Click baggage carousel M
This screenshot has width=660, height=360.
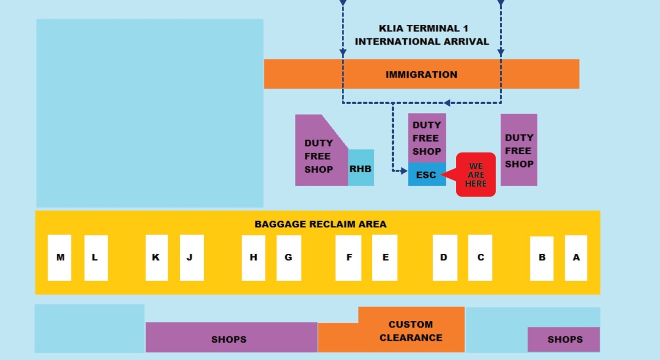[x=59, y=257]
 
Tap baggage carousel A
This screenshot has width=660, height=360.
[x=576, y=257]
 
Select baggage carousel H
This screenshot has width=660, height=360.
[x=253, y=257]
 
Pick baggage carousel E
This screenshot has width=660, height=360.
[x=385, y=257]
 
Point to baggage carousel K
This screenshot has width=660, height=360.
[x=156, y=257]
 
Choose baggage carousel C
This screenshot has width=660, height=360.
[x=480, y=257]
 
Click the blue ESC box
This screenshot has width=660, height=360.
[x=426, y=175]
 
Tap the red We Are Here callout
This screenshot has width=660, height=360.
[x=476, y=175]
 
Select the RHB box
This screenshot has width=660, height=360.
[x=360, y=168]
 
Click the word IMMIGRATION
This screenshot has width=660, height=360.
[x=421, y=74]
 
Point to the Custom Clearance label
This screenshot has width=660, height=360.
[x=411, y=331]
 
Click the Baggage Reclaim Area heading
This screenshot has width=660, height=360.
[x=320, y=224]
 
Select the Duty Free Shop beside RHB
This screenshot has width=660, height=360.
[x=319, y=156]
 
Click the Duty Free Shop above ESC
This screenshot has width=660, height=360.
[x=427, y=138]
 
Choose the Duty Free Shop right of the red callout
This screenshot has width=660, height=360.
[x=519, y=151]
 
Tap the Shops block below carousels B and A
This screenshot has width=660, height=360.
[x=564, y=339]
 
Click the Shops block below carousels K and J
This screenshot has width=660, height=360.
[x=229, y=339]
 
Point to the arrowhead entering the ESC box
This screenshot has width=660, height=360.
[x=405, y=171]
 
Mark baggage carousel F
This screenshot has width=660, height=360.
[x=349, y=257]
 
